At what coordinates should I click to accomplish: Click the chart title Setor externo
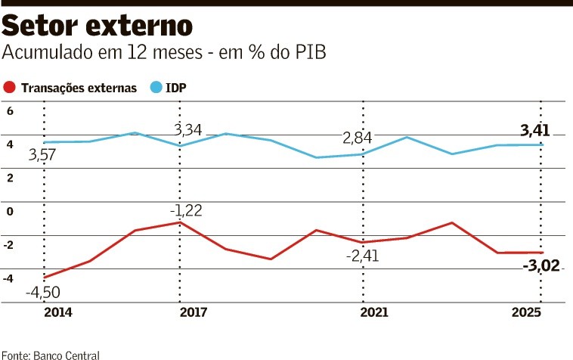tap(98, 27)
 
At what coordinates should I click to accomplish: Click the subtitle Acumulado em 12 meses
tap(166, 54)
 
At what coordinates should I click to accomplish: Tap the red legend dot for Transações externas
tap(10, 88)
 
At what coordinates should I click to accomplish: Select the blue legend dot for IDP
tap(156, 88)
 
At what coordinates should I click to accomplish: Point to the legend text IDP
tap(176, 88)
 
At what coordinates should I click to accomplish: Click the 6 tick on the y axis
tap(11, 110)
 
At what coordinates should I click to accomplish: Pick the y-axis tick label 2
tap(11, 178)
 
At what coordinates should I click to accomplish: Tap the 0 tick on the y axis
tap(11, 211)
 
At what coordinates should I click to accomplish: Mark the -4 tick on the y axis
tap(9, 278)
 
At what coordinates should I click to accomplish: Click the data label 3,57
tap(44, 157)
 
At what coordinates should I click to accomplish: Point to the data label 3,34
tap(187, 130)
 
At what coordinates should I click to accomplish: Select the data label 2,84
tap(357, 138)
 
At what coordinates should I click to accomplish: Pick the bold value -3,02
tap(541, 265)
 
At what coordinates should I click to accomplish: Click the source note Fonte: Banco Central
tap(50, 354)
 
